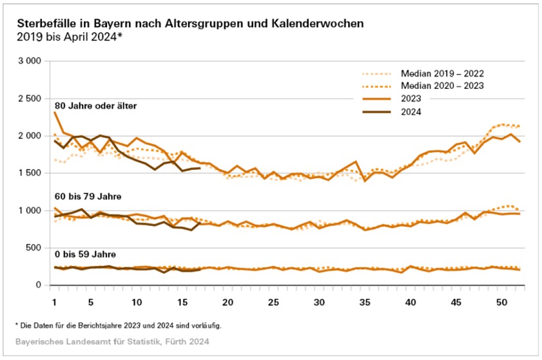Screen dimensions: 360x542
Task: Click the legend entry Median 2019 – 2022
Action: tap(442, 73)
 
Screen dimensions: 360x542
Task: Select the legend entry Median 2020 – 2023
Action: tap(442, 86)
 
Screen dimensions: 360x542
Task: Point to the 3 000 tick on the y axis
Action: tap(30, 61)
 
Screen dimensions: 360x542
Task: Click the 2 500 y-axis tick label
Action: tap(30, 99)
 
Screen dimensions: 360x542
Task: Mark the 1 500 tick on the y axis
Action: tap(30, 173)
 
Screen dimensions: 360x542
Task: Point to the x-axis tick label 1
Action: tap(54, 302)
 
